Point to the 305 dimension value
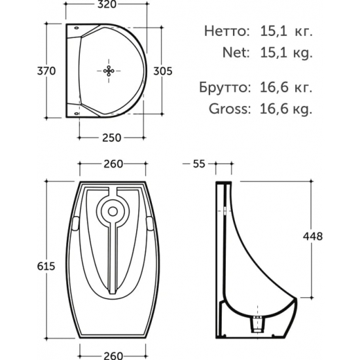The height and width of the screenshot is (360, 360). (x=162, y=71)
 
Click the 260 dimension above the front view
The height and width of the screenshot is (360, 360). (x=114, y=164)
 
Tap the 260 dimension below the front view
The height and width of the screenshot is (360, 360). (x=114, y=355)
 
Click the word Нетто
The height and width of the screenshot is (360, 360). (x=226, y=30)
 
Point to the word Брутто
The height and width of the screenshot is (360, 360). (x=223, y=86)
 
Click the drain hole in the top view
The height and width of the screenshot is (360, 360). (x=109, y=71)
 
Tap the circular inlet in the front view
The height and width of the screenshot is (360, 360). (x=114, y=211)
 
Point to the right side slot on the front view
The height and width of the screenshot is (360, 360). (x=152, y=223)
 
